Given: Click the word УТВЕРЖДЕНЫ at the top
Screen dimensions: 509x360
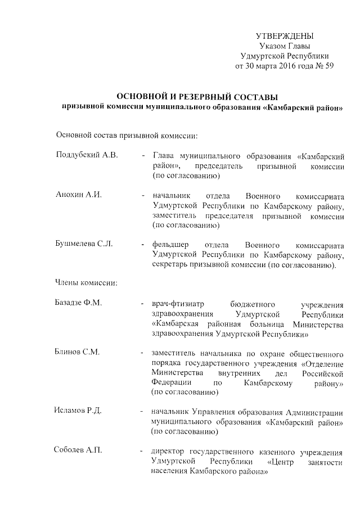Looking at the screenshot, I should pos(284,36).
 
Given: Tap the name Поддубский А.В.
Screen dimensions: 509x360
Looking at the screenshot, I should pos(87,155).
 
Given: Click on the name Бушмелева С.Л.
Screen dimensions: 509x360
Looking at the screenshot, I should pos(84,245).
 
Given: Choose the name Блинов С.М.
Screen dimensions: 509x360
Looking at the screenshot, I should pos(78,353).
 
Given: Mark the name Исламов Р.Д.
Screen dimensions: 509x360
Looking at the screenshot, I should pos(78,412).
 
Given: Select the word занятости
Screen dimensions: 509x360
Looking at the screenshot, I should pos(325,462).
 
